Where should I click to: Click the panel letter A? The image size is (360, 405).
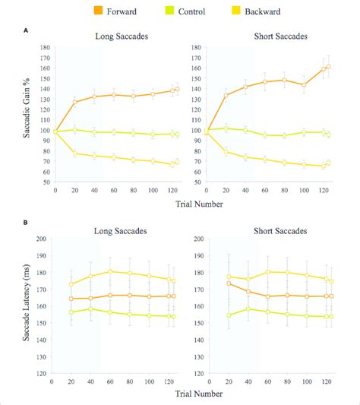point(27,30)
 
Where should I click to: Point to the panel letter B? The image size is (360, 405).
point(27,223)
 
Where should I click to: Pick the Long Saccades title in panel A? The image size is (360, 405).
point(119,36)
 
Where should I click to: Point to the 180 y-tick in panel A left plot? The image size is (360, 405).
point(46,46)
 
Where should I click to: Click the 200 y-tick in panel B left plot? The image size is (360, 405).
point(46,239)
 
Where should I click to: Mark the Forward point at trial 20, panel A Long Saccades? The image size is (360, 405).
point(74,102)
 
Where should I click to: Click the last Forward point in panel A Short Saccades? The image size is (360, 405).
point(328,67)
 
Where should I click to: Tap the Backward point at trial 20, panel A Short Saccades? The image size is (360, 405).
point(227,151)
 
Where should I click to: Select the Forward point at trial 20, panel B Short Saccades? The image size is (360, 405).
point(228,283)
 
